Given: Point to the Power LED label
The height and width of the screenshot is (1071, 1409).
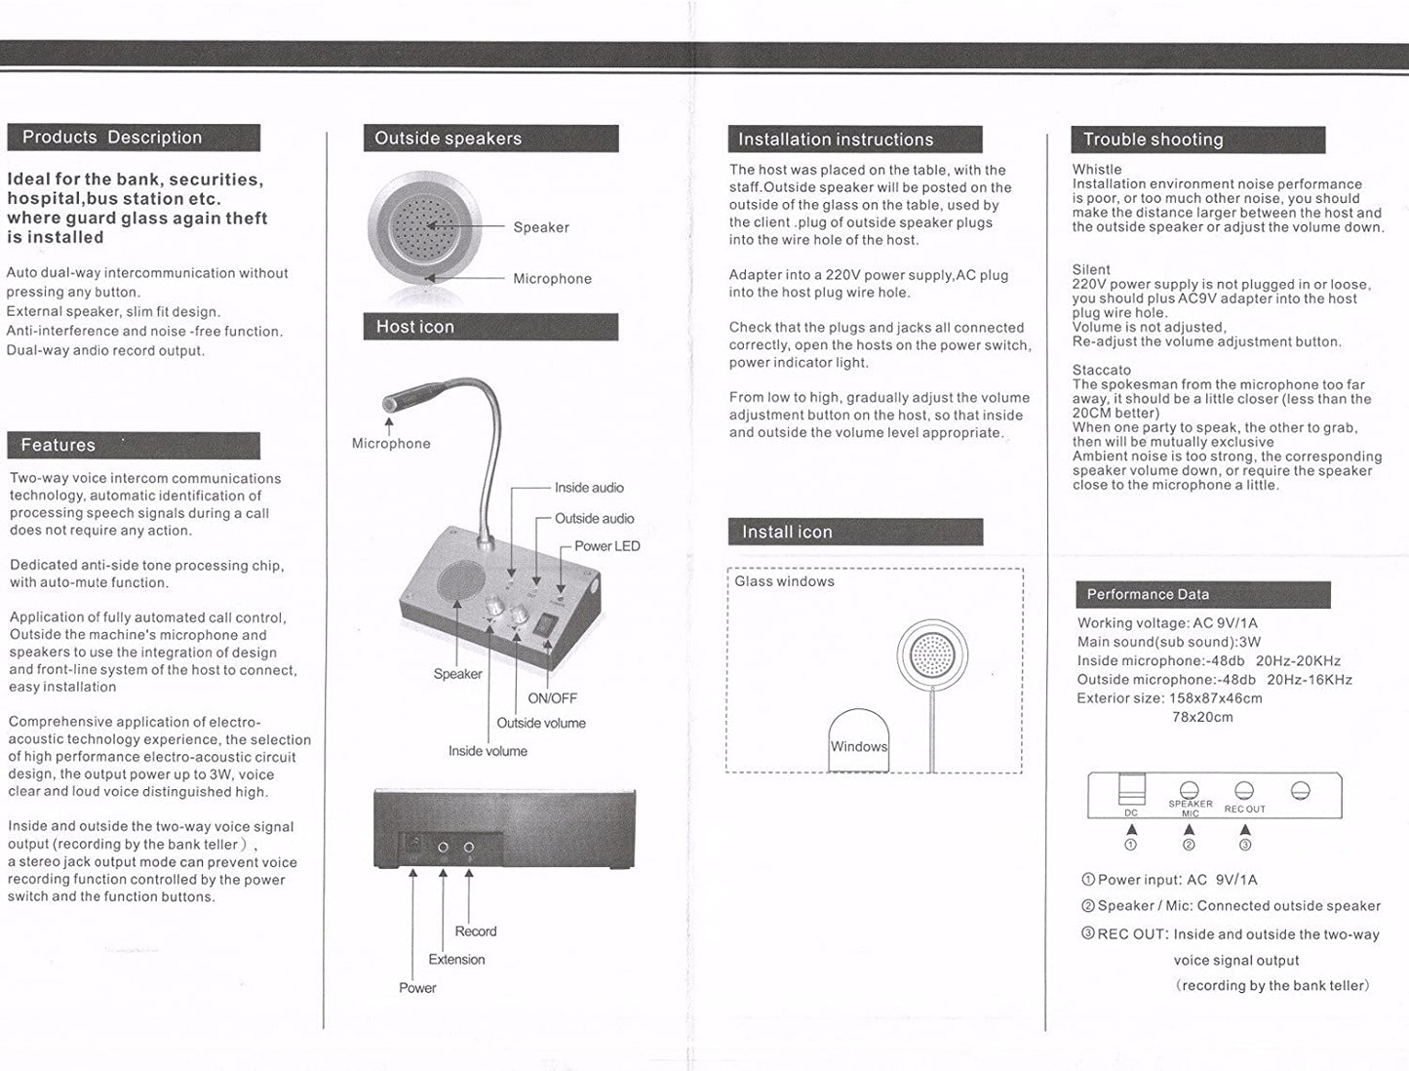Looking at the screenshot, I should [x=607, y=546].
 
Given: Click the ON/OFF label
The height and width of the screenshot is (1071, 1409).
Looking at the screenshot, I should [x=552, y=698].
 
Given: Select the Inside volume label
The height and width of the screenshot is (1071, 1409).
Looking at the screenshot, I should [x=488, y=751].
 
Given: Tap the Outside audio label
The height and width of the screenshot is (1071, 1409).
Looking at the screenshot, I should [x=594, y=519].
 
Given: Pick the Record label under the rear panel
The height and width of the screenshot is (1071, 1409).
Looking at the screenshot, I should [x=475, y=932].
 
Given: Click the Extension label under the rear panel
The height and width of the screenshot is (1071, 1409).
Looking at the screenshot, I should [x=456, y=960].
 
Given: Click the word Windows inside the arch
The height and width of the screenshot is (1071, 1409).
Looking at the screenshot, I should [x=858, y=747].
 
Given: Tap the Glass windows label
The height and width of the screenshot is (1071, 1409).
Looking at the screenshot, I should [x=784, y=581].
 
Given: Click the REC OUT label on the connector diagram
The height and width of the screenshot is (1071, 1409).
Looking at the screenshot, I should [x=1244, y=809].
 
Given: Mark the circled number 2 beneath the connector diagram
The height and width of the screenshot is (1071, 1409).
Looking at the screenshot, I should [x=1189, y=845].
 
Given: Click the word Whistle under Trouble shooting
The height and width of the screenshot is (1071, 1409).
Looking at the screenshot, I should [x=1097, y=170].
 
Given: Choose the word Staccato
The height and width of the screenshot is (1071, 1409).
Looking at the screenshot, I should [x=1102, y=371].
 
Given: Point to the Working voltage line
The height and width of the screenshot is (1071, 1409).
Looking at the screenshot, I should [x=1167, y=623].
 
